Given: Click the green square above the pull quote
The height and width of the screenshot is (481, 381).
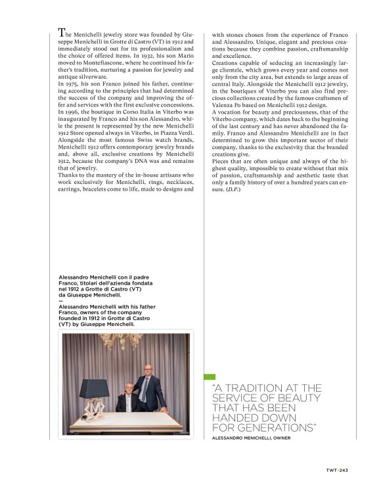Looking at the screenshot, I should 210,377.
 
